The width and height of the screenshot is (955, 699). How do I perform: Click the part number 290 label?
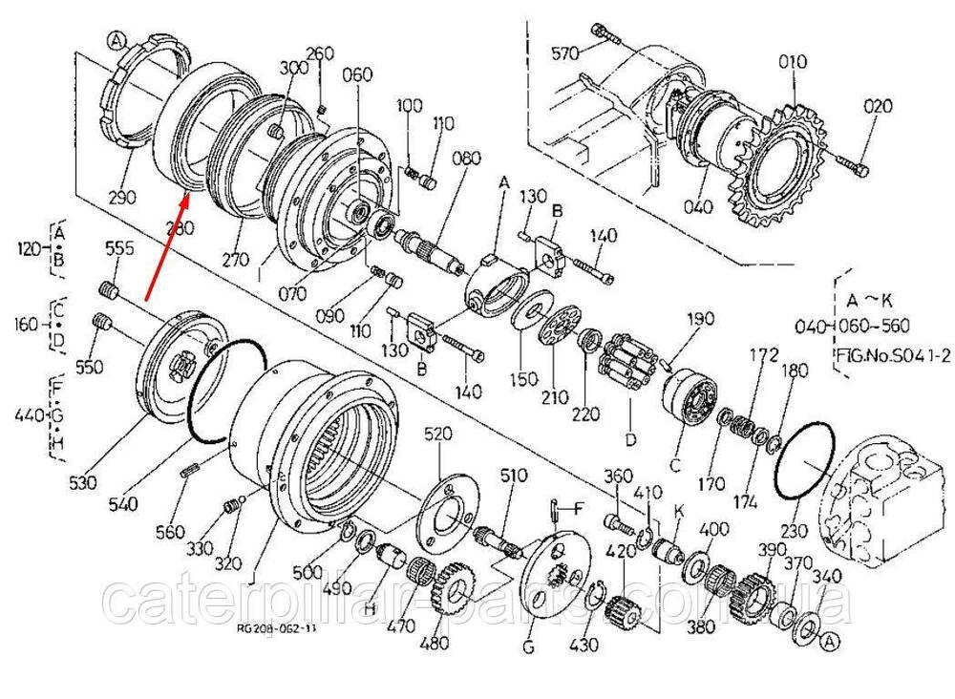(123, 198)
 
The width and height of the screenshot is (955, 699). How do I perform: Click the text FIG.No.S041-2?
(891, 355)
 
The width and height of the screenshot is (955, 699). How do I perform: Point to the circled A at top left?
(116, 41)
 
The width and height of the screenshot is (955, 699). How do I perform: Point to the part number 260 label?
(320, 53)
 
